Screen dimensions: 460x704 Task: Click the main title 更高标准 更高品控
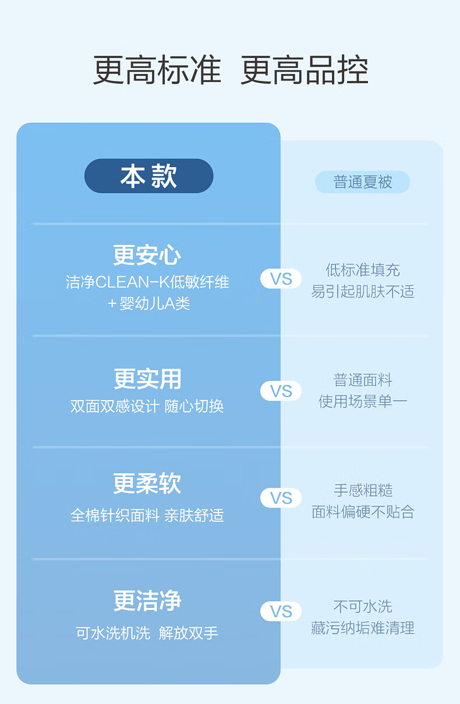(231, 71)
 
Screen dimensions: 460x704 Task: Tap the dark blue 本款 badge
(148, 176)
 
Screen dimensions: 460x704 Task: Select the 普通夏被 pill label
(362, 182)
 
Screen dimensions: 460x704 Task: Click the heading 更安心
(147, 255)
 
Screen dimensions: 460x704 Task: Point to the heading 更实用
(147, 379)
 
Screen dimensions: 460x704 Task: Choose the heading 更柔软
(147, 484)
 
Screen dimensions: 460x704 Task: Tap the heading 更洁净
(147, 600)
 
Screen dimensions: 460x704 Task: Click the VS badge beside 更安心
(281, 279)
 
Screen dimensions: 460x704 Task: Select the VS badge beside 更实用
(281, 391)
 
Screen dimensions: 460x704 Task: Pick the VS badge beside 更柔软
(281, 498)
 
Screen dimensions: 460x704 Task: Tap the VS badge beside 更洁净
(281, 611)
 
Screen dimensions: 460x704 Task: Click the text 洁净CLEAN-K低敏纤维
(147, 282)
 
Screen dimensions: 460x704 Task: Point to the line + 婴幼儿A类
(148, 303)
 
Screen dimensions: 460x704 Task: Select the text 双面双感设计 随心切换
(147, 406)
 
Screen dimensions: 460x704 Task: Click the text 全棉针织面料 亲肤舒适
(147, 515)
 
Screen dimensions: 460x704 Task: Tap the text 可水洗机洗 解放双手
(147, 632)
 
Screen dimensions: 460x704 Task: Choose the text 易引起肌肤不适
(362, 291)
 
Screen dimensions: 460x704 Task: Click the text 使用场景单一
(362, 401)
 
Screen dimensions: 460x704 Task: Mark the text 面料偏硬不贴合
(362, 512)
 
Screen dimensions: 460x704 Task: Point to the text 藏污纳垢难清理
(362, 628)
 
